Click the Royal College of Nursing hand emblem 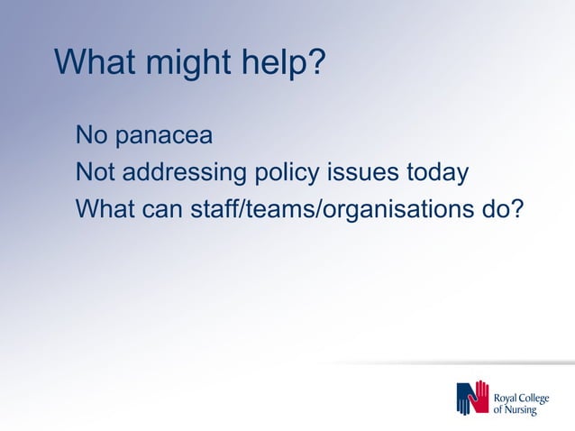[473, 398]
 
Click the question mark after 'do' [516, 208]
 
